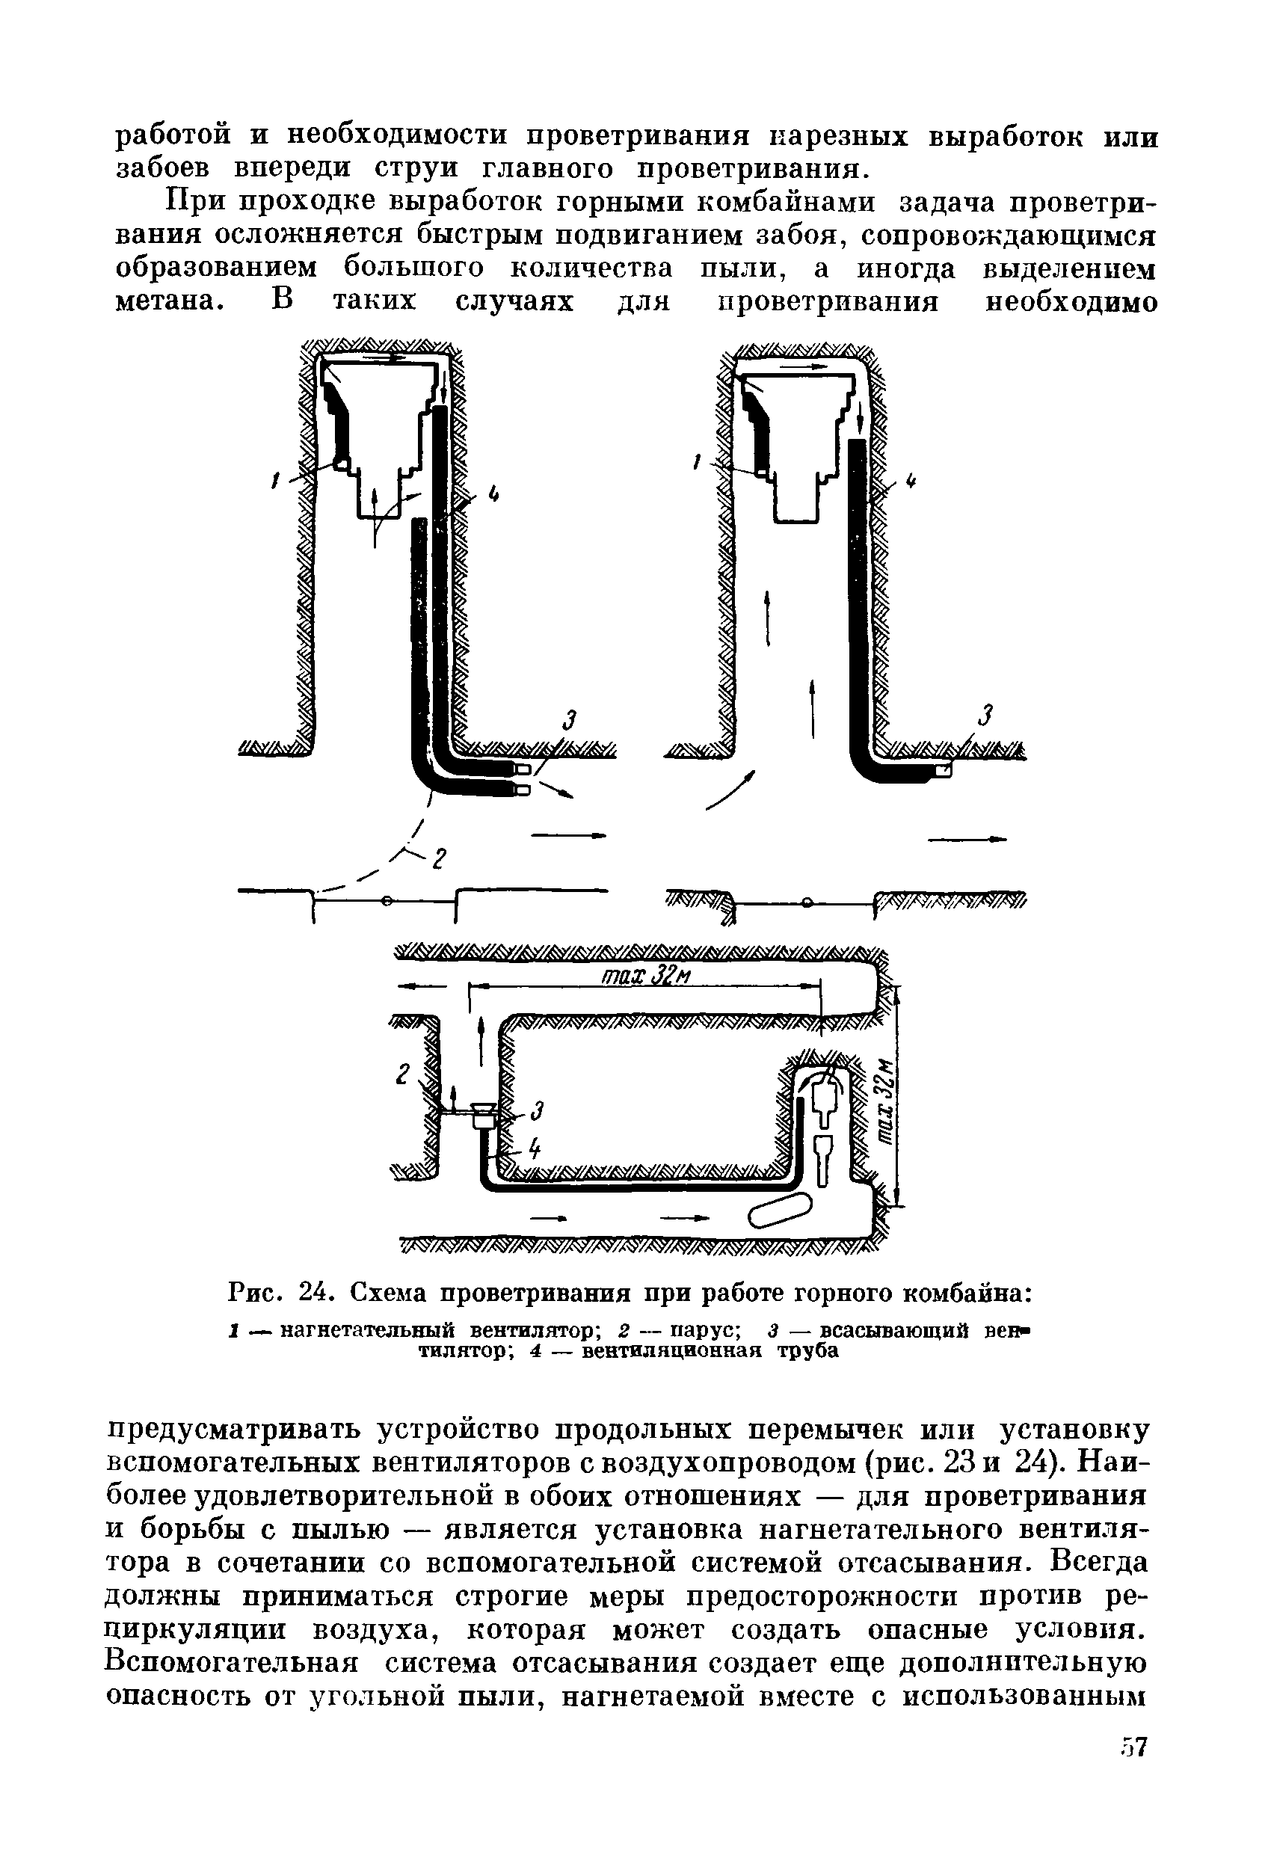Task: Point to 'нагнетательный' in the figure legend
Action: click(x=371, y=1330)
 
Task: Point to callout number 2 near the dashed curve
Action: click(x=438, y=859)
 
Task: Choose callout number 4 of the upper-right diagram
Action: click(x=911, y=482)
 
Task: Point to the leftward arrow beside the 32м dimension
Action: click(x=422, y=985)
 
